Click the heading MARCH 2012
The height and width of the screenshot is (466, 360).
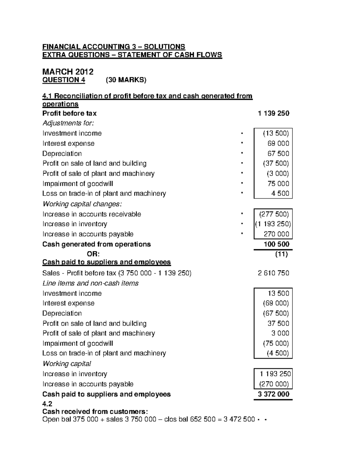68,72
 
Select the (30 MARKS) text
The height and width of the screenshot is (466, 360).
126,80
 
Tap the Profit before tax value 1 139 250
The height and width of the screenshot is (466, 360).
274,113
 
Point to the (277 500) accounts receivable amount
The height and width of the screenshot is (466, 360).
274,214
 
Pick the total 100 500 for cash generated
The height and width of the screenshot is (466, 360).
276,244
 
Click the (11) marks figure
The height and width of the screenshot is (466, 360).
281,254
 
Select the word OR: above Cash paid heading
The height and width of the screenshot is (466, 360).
93,254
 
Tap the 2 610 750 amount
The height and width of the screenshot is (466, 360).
273,273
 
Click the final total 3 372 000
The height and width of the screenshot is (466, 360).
274,394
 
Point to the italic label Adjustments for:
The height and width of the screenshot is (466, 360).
68,123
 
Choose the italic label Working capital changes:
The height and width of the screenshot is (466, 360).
82,204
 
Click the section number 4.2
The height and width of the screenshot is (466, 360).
47,404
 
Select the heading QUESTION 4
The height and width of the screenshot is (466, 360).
64,80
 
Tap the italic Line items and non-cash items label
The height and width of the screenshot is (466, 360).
90,283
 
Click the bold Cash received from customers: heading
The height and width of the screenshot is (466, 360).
95,411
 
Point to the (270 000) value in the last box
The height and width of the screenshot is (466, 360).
274,384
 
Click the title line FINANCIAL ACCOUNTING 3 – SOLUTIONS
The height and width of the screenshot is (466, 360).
114,47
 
